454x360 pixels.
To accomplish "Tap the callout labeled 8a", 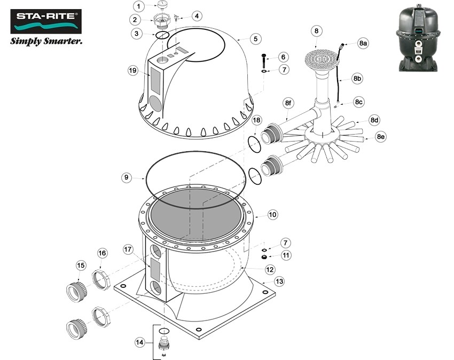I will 363,43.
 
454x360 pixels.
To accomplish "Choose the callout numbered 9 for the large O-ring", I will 126,177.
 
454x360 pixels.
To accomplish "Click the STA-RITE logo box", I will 46,20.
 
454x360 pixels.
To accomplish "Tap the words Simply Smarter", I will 47,41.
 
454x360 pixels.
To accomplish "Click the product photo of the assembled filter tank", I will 421,39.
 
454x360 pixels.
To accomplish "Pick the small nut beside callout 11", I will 264,256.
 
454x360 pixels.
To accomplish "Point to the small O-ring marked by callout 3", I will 162,36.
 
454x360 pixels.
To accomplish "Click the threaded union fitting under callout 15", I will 77,291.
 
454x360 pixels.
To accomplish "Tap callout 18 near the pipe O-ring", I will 257,121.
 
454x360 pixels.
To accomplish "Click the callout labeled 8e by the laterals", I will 381,137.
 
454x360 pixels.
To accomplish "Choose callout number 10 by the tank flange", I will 272,215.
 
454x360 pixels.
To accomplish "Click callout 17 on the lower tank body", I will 128,249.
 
